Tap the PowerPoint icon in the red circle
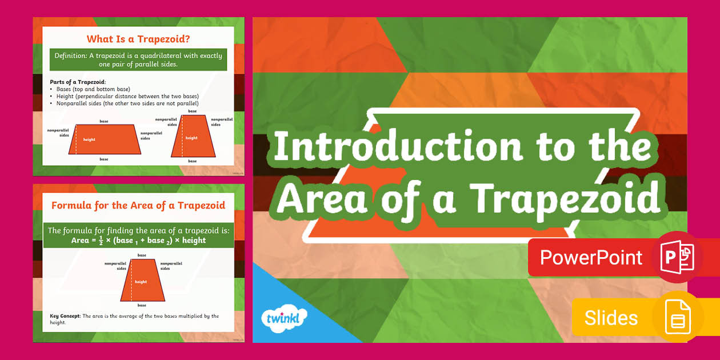click(x=677, y=257)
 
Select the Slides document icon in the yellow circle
click(x=678, y=317)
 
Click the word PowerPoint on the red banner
click(x=591, y=258)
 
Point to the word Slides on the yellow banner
click(x=611, y=318)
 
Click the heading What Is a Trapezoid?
click(x=138, y=39)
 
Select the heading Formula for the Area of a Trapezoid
click(x=138, y=205)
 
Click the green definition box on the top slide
click(x=138, y=59)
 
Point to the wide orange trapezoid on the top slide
click(x=104, y=139)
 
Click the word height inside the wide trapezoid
click(x=89, y=139)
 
